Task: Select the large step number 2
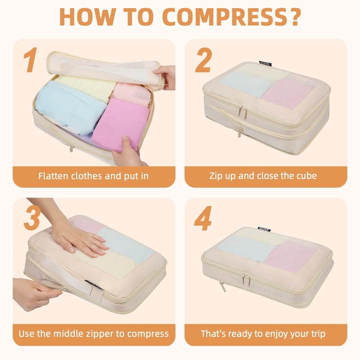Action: click(x=203, y=61)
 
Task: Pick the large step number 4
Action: click(x=203, y=219)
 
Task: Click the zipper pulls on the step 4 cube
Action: click(x=246, y=279)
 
